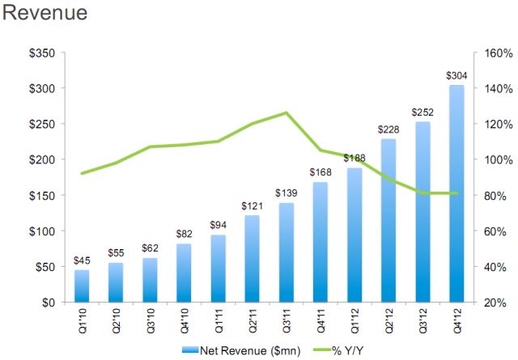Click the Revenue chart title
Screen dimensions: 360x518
[45, 14]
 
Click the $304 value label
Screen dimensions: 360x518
[456, 76]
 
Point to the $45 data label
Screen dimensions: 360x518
[83, 260]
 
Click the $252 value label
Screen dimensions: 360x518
[422, 112]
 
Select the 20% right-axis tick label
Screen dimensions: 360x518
[492, 303]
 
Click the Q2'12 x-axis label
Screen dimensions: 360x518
[388, 321]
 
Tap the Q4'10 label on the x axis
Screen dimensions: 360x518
[185, 321]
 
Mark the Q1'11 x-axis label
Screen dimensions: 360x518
[219, 321]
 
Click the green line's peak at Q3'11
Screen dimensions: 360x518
[287, 112]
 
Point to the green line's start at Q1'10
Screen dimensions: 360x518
[83, 173]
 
